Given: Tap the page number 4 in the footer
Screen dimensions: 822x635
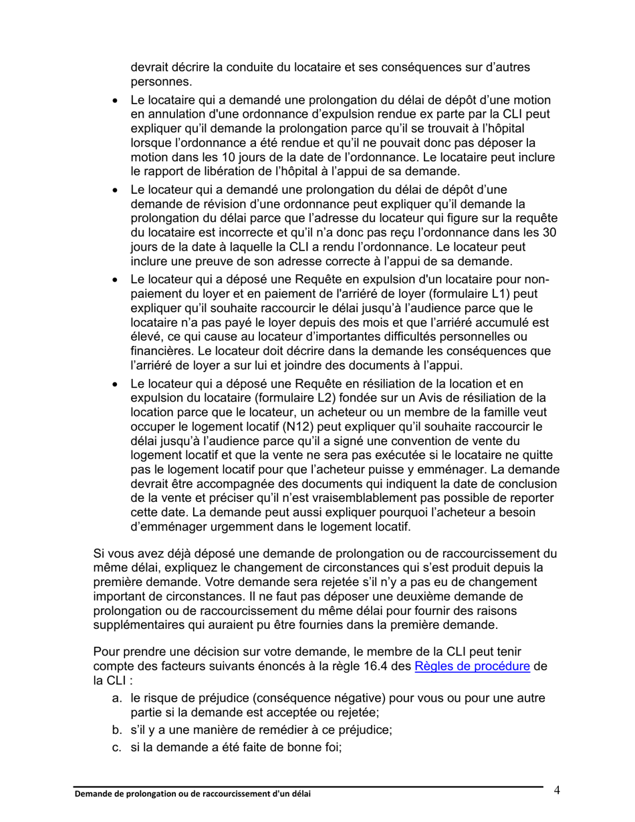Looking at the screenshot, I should (x=557, y=791).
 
